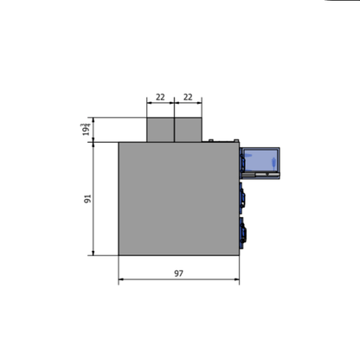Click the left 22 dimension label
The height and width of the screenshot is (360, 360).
click(161, 97)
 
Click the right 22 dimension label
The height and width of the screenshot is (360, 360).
click(189, 97)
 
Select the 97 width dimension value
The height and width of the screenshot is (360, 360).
click(178, 273)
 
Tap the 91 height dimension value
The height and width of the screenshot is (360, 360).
click(87, 199)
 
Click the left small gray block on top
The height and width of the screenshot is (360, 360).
click(161, 130)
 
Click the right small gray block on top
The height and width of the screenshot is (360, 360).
click(189, 130)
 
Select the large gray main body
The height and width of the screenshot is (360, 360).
click(177, 198)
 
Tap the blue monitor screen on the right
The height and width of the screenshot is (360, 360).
click(260, 159)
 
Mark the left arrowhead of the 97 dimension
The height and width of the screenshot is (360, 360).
click(120, 280)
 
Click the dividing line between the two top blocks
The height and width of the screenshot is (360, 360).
click(175, 130)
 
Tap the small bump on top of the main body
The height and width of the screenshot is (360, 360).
click(211, 139)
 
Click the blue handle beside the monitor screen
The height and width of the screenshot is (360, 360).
click(242, 162)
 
